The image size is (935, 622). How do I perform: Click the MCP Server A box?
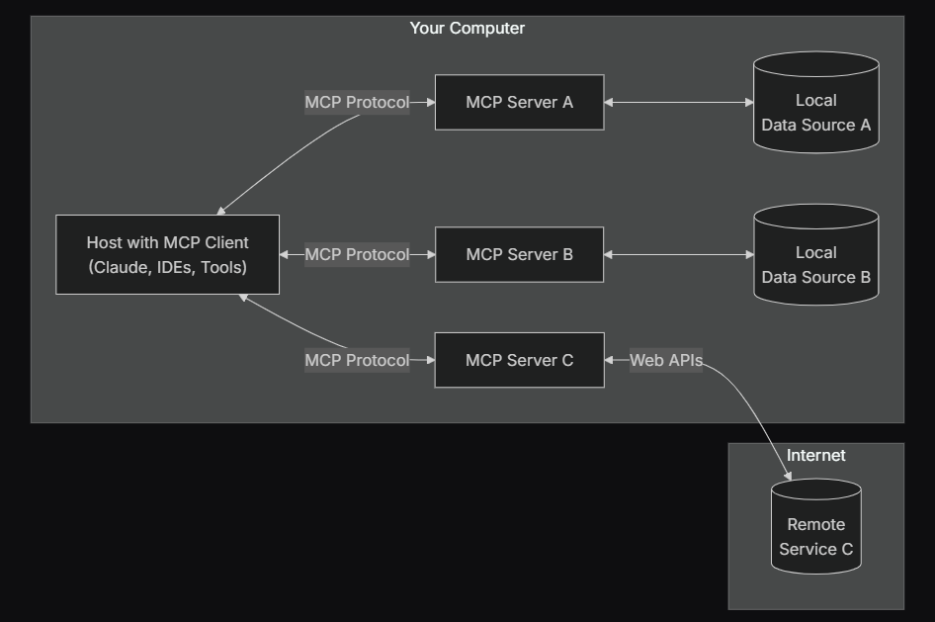point(519,102)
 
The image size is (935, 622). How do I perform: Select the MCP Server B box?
point(519,254)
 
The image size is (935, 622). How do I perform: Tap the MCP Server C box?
point(519,360)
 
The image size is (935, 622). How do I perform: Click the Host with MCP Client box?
point(167,254)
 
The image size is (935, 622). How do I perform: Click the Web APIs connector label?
point(666,360)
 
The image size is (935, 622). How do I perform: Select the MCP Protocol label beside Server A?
point(357,102)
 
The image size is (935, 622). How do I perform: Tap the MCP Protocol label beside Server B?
point(357,254)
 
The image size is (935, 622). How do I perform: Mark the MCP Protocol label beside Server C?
point(357,360)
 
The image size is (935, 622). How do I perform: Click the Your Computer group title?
point(467,29)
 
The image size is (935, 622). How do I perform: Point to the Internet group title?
point(815,456)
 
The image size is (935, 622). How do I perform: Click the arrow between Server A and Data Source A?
point(679,102)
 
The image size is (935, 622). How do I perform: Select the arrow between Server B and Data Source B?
point(679,254)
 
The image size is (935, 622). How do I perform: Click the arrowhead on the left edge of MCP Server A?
point(430,102)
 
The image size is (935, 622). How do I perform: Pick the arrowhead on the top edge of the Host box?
point(221,210)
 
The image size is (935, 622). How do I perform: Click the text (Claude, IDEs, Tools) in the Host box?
point(167,267)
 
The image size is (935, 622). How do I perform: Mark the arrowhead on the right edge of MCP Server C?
point(610,360)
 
